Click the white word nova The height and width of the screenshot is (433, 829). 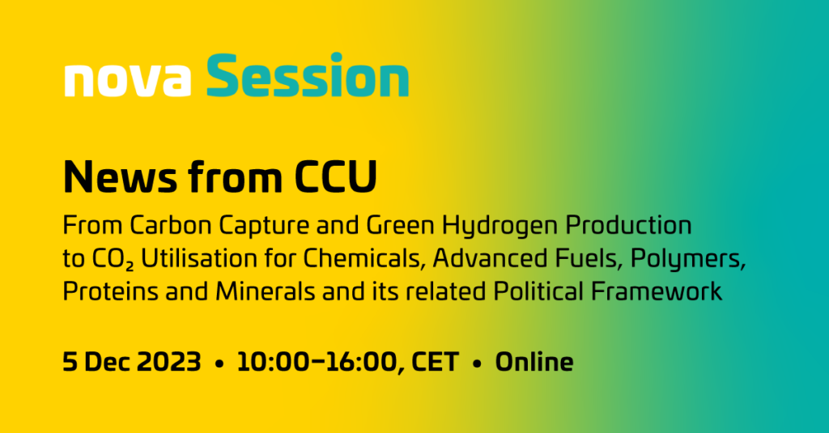127,80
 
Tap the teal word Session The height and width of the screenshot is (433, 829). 307,74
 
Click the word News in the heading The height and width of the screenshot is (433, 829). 120,176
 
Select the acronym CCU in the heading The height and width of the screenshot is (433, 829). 335,176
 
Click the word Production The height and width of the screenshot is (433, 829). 628,225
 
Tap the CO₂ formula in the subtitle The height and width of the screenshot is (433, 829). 113,260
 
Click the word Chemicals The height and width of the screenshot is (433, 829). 364,259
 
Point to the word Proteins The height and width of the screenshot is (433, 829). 110,291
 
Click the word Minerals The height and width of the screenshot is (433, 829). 266,291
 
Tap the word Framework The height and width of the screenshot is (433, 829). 656,291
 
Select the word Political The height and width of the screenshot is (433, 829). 538,291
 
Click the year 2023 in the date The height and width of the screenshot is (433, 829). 168,362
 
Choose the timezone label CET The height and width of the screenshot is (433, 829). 435,362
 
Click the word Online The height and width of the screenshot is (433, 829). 534,362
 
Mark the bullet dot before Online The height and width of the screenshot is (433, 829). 478,364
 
